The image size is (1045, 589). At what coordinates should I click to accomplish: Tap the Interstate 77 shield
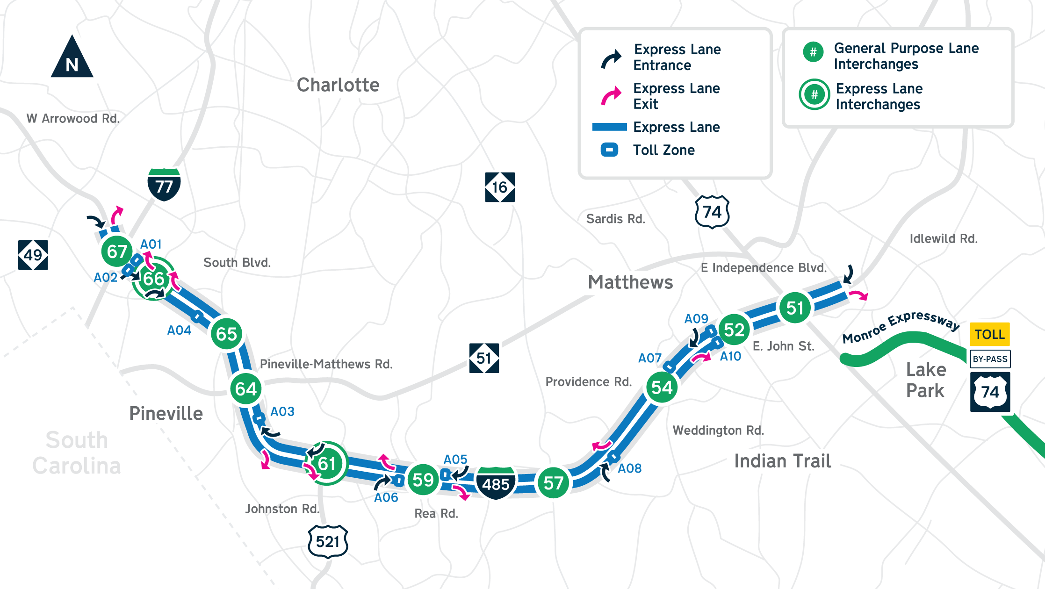(164, 185)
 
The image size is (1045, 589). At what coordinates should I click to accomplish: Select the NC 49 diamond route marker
(33, 255)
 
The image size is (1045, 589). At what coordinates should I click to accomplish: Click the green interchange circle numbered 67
(117, 251)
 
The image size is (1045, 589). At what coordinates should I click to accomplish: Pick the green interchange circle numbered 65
(227, 334)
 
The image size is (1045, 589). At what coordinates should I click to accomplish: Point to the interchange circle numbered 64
(246, 388)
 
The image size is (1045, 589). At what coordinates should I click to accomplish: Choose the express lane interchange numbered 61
(327, 463)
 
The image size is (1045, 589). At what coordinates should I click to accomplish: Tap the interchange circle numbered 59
(423, 480)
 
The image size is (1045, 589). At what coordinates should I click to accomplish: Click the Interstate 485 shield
(496, 483)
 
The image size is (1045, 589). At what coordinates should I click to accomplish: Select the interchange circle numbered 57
(553, 483)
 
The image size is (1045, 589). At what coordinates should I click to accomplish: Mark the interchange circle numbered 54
(662, 387)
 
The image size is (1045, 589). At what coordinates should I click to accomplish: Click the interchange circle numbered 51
(795, 308)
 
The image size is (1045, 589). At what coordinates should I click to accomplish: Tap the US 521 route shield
(328, 542)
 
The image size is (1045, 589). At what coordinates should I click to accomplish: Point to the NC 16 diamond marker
(500, 187)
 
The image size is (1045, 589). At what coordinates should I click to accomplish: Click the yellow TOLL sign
(989, 334)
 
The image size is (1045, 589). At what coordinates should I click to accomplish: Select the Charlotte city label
(338, 85)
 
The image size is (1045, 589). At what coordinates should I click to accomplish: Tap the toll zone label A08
(629, 468)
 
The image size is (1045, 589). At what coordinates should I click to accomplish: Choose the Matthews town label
(630, 282)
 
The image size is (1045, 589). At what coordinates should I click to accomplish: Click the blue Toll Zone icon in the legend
(609, 150)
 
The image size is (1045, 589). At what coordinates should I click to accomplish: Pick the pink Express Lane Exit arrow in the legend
(611, 95)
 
